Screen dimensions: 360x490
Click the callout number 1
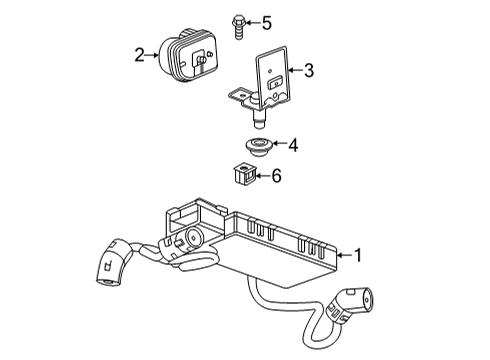coord(359,256)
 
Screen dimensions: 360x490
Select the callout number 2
coord(139,56)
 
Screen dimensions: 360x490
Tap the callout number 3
coord(308,70)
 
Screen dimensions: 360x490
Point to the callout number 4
coord(293,145)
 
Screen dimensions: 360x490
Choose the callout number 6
coord(277,177)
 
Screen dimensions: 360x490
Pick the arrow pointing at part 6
coord(262,177)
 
